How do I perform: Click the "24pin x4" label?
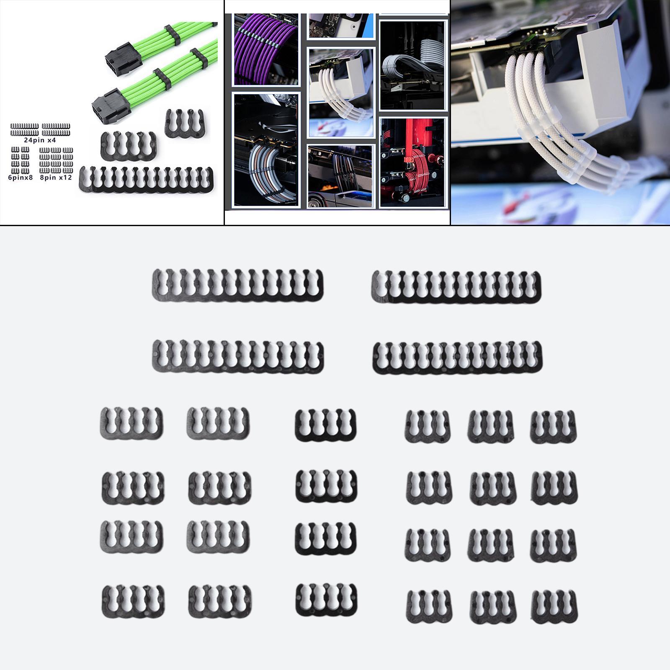40,140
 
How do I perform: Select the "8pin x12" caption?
56,178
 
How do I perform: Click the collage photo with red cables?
412,162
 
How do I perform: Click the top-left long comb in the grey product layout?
238,285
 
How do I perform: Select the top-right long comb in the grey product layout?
456,286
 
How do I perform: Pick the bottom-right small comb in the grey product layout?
554,606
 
